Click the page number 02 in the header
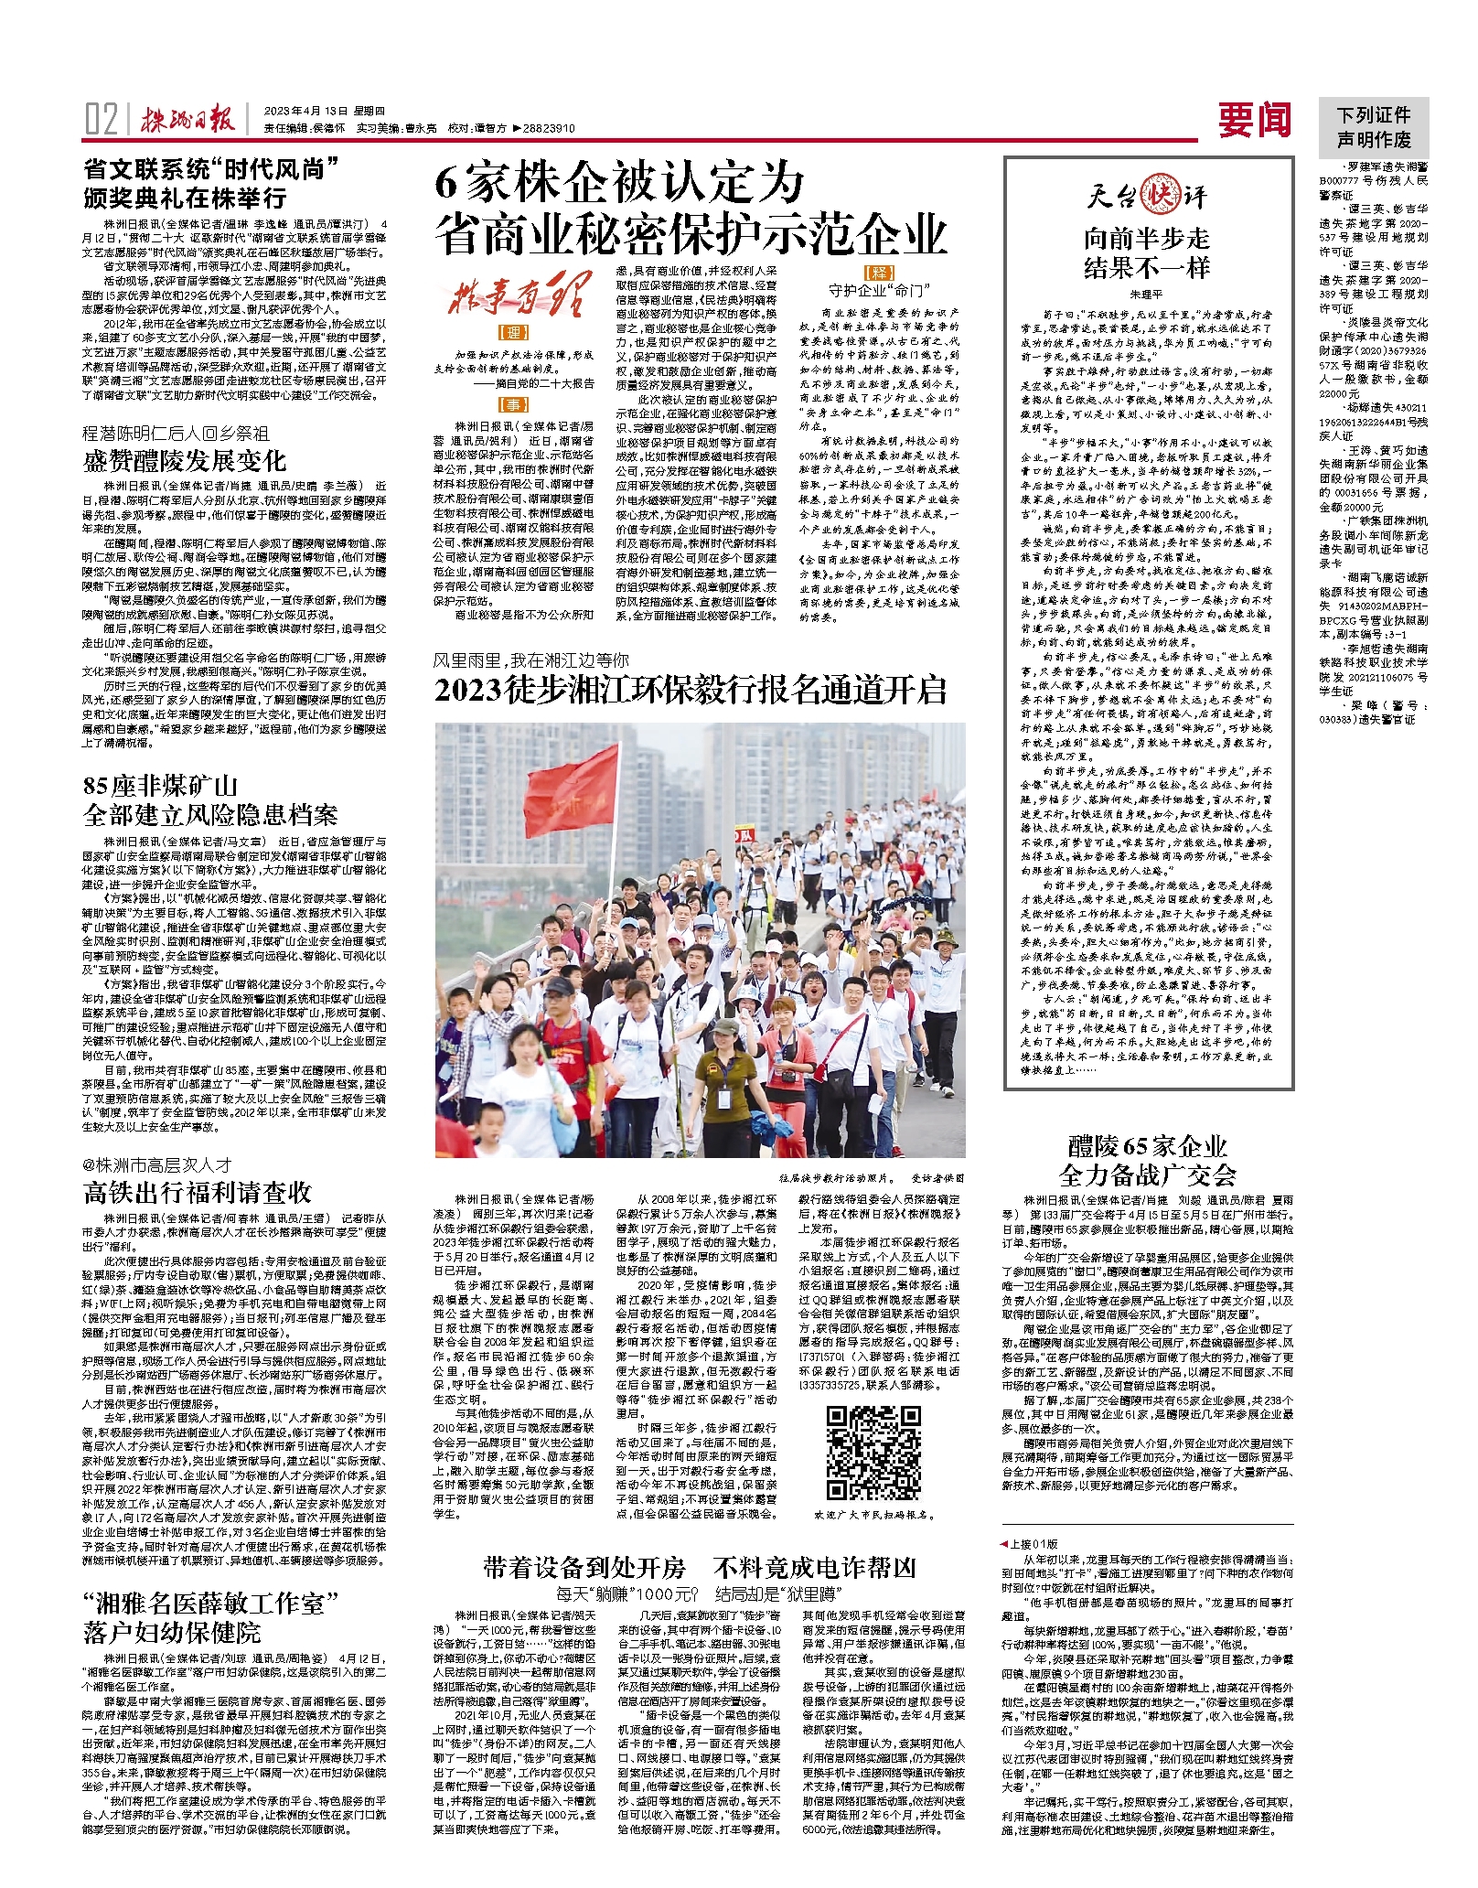click(101, 120)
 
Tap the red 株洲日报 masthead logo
click(187, 120)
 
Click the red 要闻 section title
click(1255, 120)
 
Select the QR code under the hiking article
click(873, 1453)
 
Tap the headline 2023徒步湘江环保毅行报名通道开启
click(690, 690)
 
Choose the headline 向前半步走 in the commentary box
click(1147, 240)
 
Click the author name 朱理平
click(1146, 295)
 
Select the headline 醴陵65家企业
click(1147, 1146)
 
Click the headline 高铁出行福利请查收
click(198, 1192)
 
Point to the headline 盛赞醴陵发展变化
click(185, 460)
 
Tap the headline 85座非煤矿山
click(160, 786)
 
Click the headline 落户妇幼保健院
click(172, 1633)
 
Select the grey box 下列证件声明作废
click(1373, 127)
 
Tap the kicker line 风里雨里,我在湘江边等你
click(530, 660)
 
